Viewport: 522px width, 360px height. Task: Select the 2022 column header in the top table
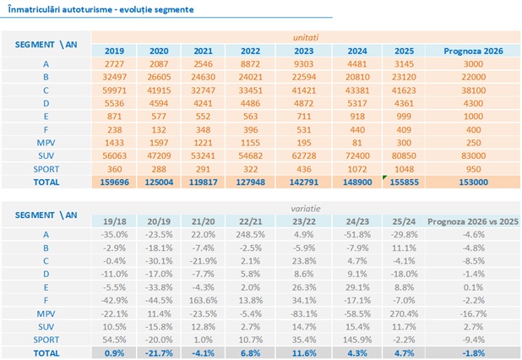[250, 51]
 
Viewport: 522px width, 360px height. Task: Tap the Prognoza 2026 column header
[474, 51]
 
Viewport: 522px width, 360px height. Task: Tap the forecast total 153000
[474, 183]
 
